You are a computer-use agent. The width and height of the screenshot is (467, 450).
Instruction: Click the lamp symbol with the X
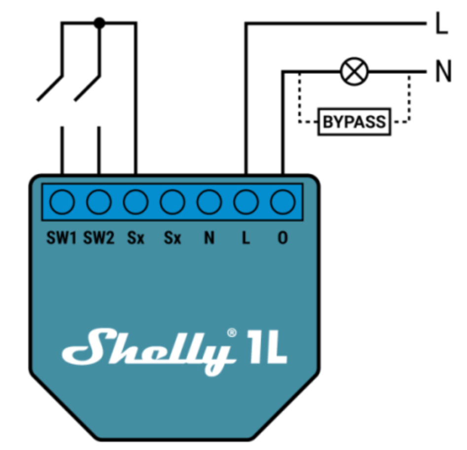tap(355, 72)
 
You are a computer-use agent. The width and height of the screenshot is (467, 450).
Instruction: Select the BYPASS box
tap(354, 121)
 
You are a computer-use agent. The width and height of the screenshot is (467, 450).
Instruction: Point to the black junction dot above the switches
tap(99, 22)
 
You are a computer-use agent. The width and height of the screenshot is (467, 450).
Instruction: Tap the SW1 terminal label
tap(62, 238)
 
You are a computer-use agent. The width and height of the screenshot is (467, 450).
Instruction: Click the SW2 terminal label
tap(99, 238)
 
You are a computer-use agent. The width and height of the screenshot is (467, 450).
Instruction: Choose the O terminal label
tap(283, 238)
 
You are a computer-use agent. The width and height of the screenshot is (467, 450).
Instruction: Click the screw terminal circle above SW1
tap(62, 202)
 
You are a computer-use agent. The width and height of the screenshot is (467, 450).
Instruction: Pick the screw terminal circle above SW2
tap(99, 202)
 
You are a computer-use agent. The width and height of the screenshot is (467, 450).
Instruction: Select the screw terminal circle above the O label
tap(283, 202)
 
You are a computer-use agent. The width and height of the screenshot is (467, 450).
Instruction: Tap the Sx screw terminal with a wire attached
tap(136, 202)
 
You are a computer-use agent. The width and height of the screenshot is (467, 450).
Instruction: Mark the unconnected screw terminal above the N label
tap(209, 202)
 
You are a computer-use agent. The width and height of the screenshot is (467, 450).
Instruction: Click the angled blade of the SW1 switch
tap(50, 89)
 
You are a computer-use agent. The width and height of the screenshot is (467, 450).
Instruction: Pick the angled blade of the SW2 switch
tap(87, 89)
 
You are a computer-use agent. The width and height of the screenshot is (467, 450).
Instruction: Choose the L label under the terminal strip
tap(246, 238)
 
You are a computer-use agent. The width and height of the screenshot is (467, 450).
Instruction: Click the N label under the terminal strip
tap(209, 238)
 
